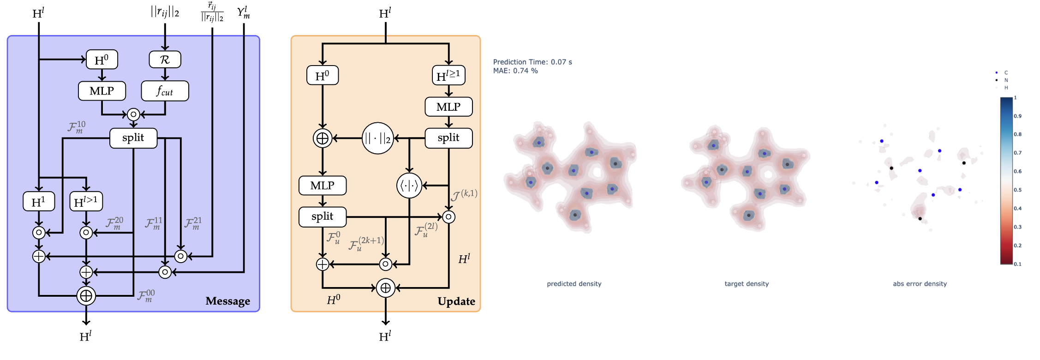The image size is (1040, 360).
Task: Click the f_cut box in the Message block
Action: click(x=165, y=91)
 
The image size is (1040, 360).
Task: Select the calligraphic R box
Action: click(x=165, y=60)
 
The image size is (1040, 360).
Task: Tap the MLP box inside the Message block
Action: click(x=102, y=91)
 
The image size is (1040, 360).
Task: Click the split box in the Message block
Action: click(x=133, y=138)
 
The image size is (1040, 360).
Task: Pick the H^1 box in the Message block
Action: click(x=39, y=202)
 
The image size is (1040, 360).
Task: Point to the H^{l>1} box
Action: click(x=86, y=202)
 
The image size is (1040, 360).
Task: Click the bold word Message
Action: click(x=228, y=301)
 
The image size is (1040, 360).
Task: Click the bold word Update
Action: click(x=456, y=301)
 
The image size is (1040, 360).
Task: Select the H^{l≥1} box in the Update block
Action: click(x=448, y=75)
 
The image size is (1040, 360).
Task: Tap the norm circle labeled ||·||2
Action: click(x=377, y=138)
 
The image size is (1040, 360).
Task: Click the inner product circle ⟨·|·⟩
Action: click(x=409, y=186)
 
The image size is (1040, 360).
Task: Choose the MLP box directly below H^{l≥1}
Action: click(x=448, y=107)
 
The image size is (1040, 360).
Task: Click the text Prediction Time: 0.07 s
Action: click(x=532, y=62)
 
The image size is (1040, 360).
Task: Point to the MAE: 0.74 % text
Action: click(x=515, y=71)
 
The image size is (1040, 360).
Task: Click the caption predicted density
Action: click(x=574, y=284)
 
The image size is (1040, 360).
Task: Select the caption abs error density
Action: click(x=920, y=284)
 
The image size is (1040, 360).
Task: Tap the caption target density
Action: click(x=747, y=284)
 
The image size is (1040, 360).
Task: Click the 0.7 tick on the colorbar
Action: click(x=1017, y=153)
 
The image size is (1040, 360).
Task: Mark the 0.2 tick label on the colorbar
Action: click(x=1017, y=246)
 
